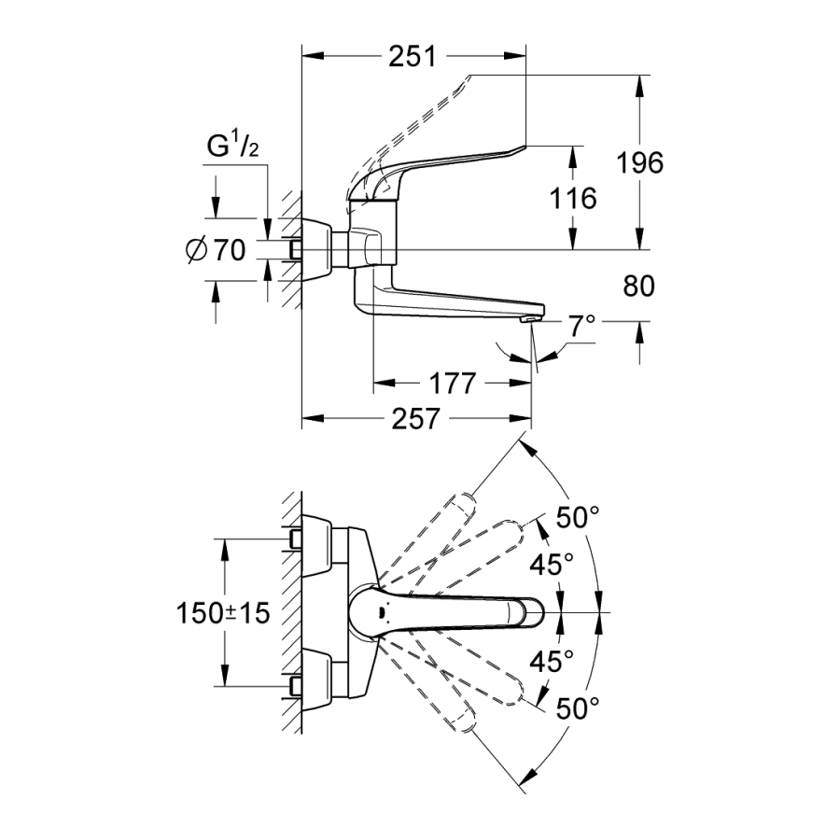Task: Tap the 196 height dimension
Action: tap(639, 162)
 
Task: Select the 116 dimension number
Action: tap(571, 198)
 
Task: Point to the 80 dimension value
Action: tap(639, 287)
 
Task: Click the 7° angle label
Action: tap(581, 326)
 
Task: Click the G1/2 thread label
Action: tap(231, 147)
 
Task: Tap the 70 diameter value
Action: tap(229, 250)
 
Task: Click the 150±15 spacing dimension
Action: tap(223, 613)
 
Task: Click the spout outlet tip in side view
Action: tap(529, 320)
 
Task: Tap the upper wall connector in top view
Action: tap(297, 539)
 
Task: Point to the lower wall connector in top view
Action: tap(297, 687)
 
